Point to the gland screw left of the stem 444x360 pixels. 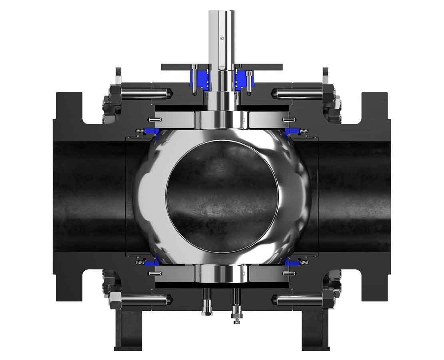pos(194,80)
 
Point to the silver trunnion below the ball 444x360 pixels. pos(222,274)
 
